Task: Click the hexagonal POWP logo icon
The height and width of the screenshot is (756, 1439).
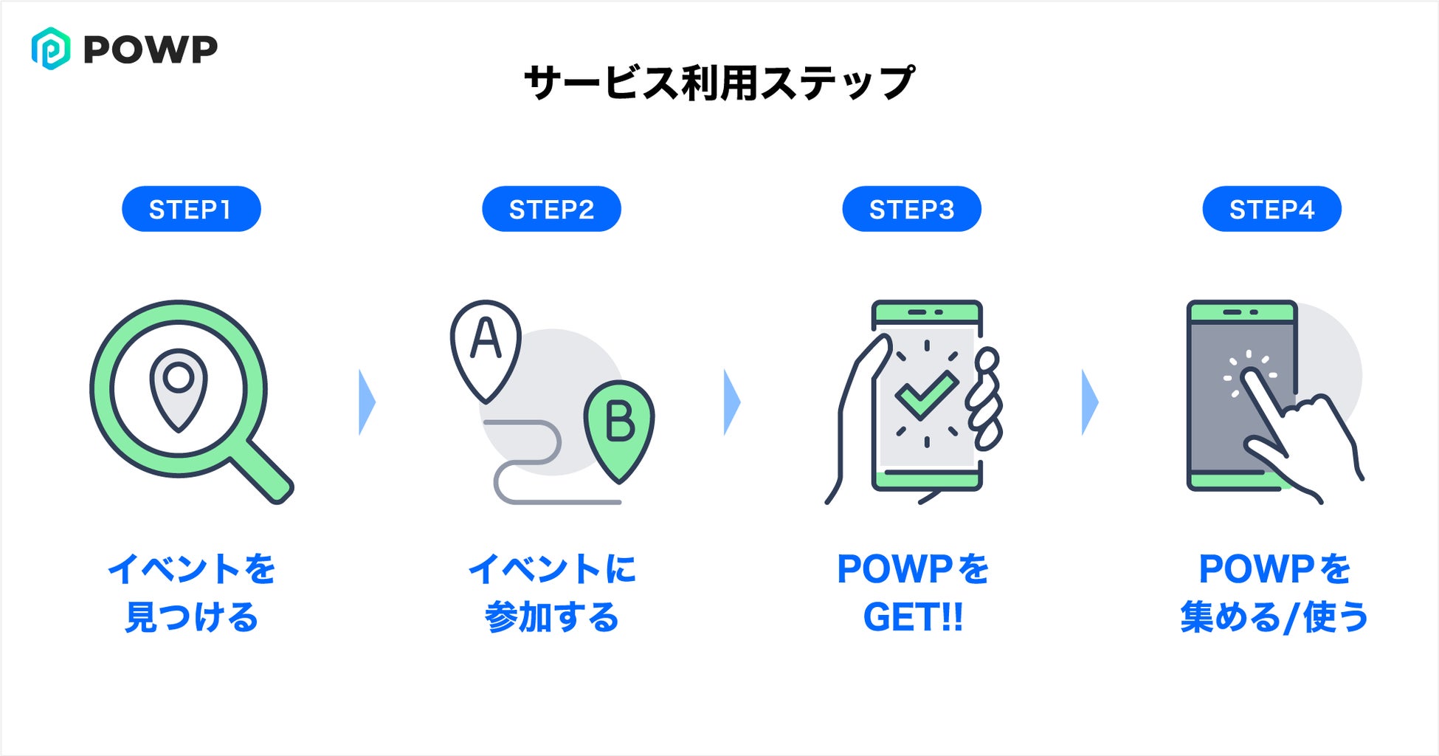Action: coord(51,49)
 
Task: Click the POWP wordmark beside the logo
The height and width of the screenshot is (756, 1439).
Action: coord(151,49)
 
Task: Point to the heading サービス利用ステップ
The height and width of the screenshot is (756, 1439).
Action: coord(719,82)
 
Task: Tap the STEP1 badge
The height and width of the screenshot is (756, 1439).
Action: coord(191,209)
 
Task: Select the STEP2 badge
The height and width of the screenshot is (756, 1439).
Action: coord(551,209)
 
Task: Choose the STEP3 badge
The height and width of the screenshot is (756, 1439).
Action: coord(911,209)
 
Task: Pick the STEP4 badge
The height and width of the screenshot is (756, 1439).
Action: coord(1271,209)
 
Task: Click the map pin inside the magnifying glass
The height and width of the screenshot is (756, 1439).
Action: coord(179,387)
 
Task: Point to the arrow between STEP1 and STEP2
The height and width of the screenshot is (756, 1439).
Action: coord(366,402)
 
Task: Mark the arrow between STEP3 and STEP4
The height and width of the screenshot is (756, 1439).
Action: coord(1089,402)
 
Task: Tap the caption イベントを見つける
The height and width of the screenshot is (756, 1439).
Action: coord(191,593)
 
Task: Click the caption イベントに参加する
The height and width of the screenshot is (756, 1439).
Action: coord(551,593)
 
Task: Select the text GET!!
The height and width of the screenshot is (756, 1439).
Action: coord(913,617)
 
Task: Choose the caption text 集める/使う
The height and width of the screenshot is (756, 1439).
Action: coord(1274,617)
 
